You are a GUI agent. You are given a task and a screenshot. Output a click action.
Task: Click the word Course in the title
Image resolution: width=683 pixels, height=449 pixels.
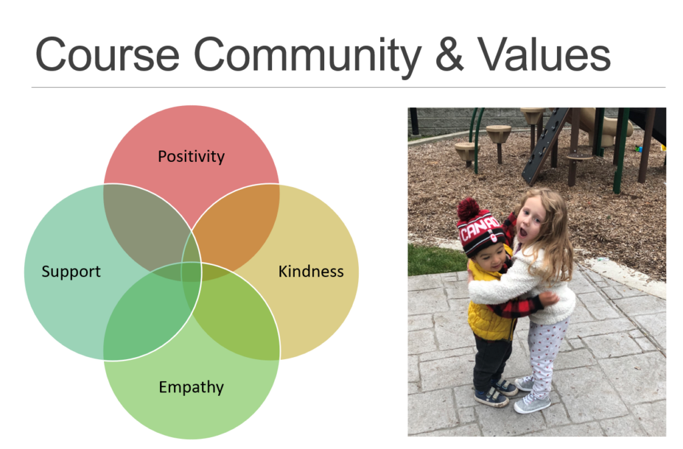[x=107, y=55]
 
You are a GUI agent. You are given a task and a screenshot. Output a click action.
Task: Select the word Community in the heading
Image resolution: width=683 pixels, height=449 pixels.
[x=307, y=57]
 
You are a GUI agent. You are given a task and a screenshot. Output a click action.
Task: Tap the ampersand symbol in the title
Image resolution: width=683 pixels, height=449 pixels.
[x=449, y=55]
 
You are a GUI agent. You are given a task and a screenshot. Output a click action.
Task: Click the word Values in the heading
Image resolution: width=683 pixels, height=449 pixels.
[x=544, y=55]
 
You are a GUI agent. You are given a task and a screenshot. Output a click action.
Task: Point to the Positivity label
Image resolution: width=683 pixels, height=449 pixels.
[x=191, y=156]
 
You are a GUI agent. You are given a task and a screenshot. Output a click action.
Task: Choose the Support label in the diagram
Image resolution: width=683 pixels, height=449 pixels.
[x=71, y=272]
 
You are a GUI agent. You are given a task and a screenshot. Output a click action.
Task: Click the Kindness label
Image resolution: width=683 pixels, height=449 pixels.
[x=311, y=272]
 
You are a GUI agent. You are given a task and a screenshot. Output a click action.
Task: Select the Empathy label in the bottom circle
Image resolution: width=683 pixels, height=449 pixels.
[x=191, y=387]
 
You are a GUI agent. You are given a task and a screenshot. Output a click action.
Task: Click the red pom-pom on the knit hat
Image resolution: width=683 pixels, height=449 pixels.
[x=468, y=209]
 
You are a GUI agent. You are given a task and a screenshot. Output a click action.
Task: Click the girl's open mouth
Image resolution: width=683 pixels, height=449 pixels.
[x=523, y=233]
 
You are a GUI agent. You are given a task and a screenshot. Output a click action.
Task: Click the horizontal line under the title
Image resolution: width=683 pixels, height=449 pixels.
[x=348, y=87]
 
